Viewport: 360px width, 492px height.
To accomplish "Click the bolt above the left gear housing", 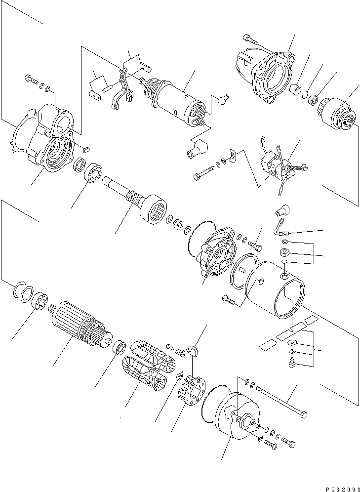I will (30, 79).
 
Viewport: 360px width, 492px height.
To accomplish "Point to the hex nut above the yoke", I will (285, 253).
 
